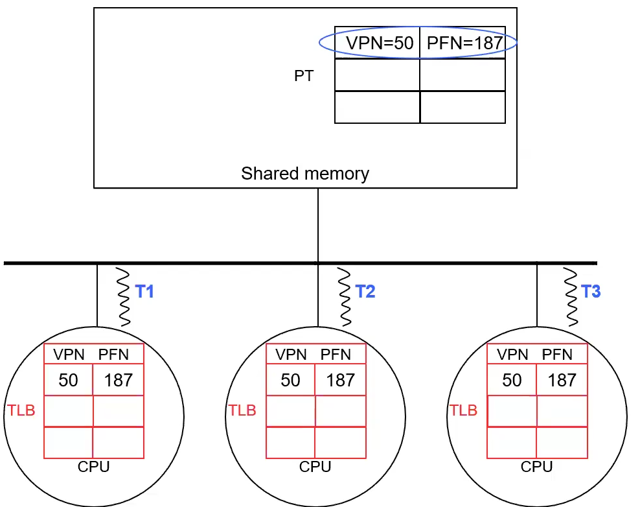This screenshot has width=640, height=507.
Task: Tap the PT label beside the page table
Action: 304,76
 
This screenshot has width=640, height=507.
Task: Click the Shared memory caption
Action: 305,174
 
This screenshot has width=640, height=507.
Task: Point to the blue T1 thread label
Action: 144,292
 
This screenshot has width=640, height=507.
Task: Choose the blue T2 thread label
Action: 365,292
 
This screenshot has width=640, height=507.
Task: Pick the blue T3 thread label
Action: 591,292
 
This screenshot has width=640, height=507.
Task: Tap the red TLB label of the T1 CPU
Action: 21,410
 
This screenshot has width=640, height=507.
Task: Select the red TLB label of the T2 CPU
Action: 242,410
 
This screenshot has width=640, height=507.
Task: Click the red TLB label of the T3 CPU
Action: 463,410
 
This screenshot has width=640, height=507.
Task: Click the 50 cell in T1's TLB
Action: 68,380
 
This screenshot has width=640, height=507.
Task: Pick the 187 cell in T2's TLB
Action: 341,380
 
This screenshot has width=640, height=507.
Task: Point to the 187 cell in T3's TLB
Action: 562,380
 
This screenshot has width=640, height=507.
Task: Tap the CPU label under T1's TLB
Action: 93,467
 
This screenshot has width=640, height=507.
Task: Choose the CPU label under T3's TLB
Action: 537,467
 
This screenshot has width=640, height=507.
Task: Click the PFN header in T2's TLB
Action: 336,355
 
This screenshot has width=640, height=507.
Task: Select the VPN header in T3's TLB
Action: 512,355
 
